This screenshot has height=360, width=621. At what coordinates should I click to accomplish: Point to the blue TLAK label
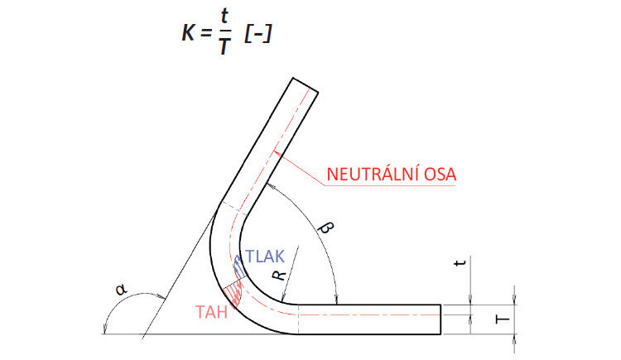pyautogui.click(x=265, y=255)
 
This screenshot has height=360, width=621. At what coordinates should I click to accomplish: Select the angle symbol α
pyautogui.click(x=123, y=290)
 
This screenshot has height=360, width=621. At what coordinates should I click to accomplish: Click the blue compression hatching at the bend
pyautogui.click(x=239, y=266)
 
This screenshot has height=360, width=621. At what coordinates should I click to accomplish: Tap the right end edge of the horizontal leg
pyautogui.click(x=441, y=319)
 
